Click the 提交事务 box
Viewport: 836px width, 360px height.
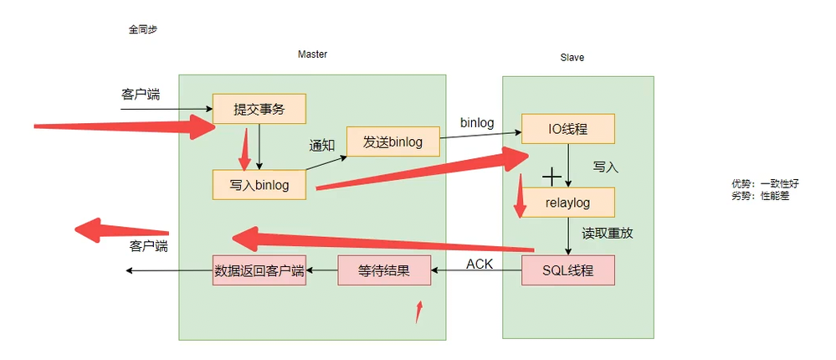coord(259,109)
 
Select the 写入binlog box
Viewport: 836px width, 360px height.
coord(259,185)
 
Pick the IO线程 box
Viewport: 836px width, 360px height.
coord(568,129)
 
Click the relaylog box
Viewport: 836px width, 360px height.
coord(568,202)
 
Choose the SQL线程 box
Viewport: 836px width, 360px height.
coord(568,270)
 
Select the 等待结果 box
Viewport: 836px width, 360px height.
coord(384,270)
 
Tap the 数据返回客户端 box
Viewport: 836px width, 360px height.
coord(259,270)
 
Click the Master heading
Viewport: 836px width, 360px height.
coord(312,54)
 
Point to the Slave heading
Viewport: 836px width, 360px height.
coord(572,58)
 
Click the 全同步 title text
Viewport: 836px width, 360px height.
coord(143,29)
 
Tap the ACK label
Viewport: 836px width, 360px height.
coord(480,264)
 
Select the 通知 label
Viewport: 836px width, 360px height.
coord(322,145)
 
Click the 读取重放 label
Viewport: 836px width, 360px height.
coord(608,234)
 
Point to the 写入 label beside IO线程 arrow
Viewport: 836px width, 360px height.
coord(605,167)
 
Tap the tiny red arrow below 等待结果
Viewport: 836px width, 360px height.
coord(419,311)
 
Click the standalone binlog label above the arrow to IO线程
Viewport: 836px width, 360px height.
coord(477,123)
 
